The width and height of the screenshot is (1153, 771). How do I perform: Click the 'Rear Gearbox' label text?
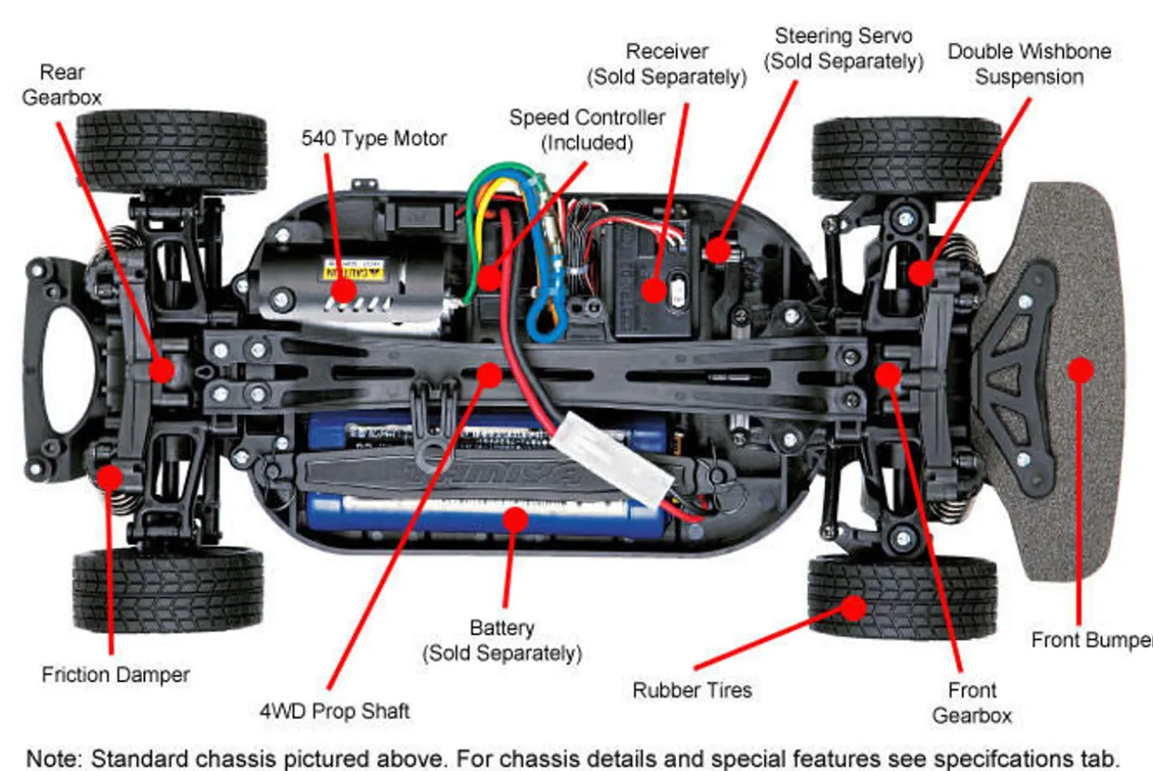click(61, 85)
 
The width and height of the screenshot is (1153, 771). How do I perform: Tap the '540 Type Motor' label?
click(374, 139)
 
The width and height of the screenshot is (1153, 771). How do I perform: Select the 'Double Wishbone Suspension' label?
click(1029, 64)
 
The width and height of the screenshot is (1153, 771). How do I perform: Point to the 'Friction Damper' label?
click(115, 675)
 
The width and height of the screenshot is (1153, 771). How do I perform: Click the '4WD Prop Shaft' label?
click(335, 711)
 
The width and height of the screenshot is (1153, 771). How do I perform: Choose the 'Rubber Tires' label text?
click(692, 690)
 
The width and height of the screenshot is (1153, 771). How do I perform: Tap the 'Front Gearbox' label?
click(972, 703)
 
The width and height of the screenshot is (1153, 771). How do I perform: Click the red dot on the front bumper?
click(1080, 369)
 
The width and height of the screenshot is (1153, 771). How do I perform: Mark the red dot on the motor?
click(344, 290)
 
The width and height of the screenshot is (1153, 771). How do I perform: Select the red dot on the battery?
click(515, 518)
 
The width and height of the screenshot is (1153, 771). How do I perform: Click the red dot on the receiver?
click(655, 290)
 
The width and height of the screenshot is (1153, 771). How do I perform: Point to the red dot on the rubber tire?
click(853, 608)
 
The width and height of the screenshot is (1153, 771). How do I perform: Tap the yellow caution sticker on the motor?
click(344, 270)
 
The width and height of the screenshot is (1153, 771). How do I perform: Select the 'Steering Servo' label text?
click(843, 36)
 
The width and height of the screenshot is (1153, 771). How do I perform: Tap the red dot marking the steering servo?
click(717, 249)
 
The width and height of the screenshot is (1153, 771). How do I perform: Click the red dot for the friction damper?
click(111, 477)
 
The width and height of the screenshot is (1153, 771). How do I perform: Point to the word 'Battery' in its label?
click(502, 629)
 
